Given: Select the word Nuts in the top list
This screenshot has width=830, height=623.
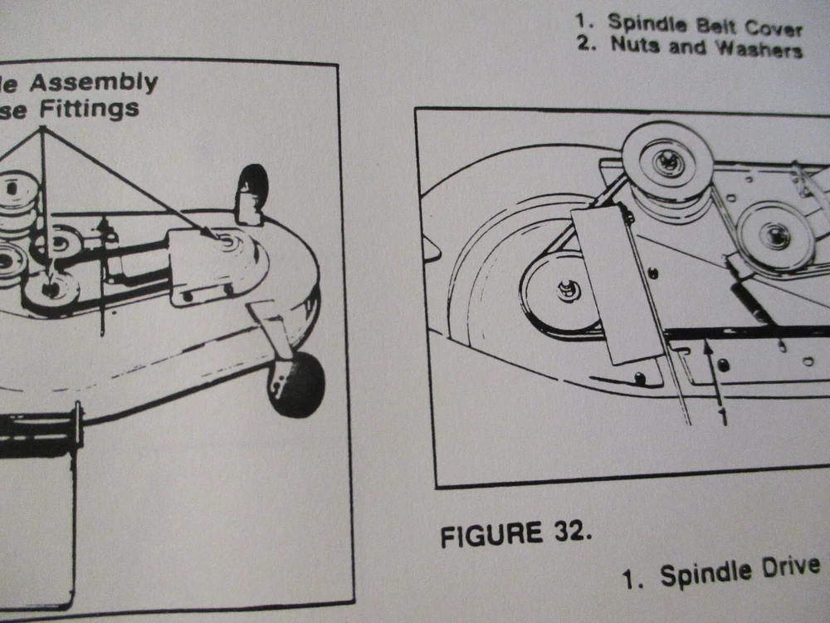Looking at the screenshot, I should [637, 44].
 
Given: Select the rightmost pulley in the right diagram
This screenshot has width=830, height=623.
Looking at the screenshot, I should [775, 235].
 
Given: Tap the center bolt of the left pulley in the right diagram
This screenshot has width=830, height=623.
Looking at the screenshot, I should [569, 291].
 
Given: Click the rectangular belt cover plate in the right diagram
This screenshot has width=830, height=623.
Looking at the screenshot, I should [614, 282].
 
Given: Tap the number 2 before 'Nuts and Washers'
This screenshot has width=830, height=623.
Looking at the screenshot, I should [586, 42].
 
